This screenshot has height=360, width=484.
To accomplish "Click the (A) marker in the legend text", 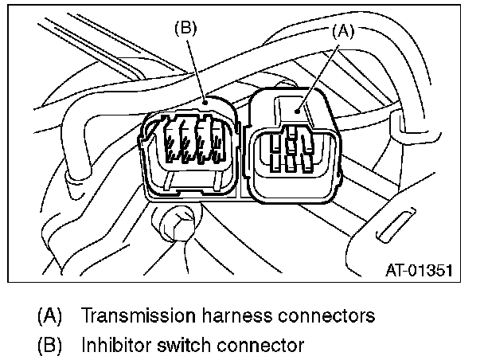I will [50, 315].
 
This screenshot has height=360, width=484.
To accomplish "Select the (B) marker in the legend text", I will [50, 346].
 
